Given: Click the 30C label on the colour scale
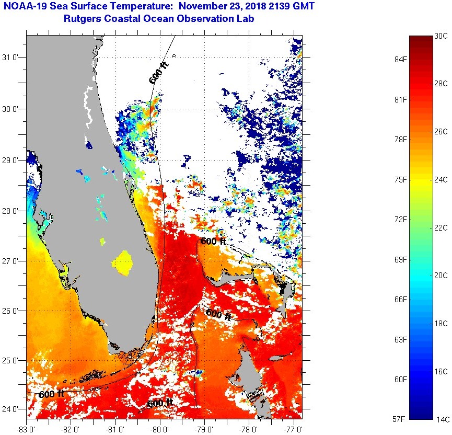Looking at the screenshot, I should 441,36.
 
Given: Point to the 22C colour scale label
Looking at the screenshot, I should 441,227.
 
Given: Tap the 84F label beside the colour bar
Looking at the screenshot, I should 400,59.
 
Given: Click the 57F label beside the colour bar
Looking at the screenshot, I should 400,419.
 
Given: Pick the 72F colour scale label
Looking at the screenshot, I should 400,219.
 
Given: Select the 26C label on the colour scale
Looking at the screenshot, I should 441,131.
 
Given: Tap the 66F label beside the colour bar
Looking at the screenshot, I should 400,299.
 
